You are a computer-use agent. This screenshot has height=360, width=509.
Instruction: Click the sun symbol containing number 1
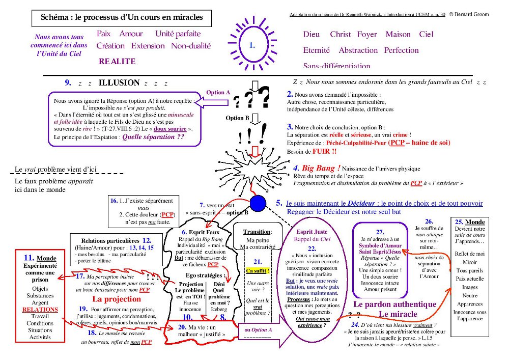tap(252, 45)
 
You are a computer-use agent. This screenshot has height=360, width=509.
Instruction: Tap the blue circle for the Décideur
tap(258, 202)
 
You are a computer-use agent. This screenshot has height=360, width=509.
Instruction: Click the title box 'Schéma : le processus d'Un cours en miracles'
tap(122, 17)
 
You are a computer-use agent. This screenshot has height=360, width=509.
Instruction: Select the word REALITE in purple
tap(117, 62)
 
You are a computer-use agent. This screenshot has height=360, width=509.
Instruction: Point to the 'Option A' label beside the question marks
tap(218, 93)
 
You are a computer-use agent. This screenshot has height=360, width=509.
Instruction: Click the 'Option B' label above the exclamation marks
tap(238, 118)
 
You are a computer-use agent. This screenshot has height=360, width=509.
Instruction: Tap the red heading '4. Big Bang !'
tap(317, 168)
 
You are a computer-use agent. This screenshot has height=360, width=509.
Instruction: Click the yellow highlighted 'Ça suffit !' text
tap(258, 270)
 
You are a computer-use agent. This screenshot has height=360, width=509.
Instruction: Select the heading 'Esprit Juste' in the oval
tap(312, 232)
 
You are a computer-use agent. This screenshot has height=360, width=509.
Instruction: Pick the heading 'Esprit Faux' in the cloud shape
tap(204, 232)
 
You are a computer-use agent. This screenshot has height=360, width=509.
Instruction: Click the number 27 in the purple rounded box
tap(380, 232)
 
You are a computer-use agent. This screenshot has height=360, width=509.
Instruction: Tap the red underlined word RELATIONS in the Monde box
tap(40, 309)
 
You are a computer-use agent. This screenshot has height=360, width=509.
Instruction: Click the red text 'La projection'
tap(117, 299)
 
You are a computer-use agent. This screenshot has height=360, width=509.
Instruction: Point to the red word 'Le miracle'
tap(398, 314)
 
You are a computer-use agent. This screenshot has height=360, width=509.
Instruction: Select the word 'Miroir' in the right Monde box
tap(470, 262)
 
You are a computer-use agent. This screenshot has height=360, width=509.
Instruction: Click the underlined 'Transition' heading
tap(257, 232)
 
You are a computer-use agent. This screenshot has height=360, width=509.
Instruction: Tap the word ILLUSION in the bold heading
tap(119, 82)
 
